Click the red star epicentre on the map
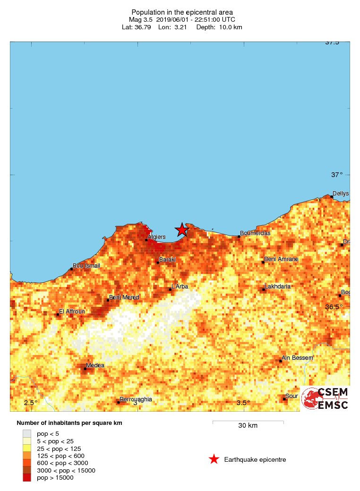182,230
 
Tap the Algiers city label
156,237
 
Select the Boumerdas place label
255,233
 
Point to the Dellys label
340,194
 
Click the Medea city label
95,365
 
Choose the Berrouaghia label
136,399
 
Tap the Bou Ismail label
86,266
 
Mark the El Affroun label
72,312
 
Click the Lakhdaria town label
277,287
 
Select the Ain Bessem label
297,358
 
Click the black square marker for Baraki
158,262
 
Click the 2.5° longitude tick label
31,403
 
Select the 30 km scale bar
248,422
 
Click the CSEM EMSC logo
326,398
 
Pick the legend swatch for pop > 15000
27,478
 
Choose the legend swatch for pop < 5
27,433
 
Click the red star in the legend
214,459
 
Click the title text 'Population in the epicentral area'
182,12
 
